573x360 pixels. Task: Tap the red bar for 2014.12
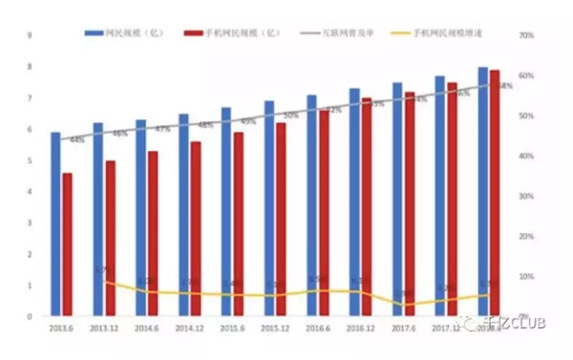195,229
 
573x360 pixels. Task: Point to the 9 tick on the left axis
31,35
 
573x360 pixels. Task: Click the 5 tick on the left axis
31,160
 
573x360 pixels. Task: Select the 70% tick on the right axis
525,35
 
